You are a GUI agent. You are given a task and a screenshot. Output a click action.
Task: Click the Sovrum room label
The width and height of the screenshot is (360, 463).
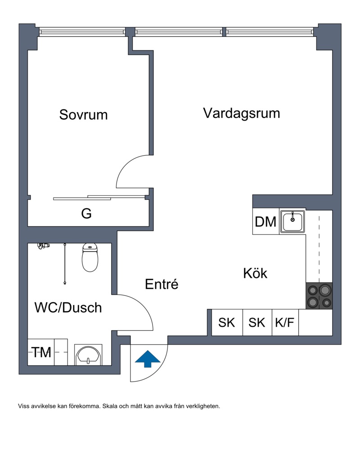click(x=83, y=114)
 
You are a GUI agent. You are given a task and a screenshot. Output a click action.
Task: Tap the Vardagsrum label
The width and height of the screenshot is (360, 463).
click(x=241, y=112)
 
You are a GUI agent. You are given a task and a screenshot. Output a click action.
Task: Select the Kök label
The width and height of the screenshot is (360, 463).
click(x=255, y=273)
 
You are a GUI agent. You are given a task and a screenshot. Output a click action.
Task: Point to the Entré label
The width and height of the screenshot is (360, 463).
click(x=162, y=284)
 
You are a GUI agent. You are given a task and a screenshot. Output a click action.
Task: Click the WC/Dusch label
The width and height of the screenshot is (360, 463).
click(x=68, y=308)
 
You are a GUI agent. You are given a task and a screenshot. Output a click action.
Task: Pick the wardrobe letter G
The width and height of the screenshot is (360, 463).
click(x=86, y=214)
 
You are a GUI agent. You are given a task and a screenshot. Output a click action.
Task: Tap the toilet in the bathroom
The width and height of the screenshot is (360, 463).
click(x=90, y=258)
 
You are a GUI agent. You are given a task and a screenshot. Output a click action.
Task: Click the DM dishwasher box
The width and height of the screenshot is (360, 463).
click(x=265, y=222)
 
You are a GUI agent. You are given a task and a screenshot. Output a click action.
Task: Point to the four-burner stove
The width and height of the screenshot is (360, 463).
click(x=319, y=296)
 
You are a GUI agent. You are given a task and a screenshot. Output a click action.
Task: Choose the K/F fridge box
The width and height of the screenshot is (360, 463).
click(x=285, y=323)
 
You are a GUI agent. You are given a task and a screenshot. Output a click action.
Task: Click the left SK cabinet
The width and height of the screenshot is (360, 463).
click(x=227, y=323)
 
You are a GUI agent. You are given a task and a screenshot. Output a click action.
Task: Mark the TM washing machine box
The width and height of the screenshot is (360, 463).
click(x=41, y=352)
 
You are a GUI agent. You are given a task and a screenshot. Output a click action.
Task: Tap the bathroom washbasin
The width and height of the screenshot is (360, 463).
click(x=88, y=355)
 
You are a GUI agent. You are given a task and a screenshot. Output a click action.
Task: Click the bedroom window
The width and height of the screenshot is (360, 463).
click(x=81, y=31)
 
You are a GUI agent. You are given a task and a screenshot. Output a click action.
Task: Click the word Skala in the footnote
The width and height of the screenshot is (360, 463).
click(x=110, y=406)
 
